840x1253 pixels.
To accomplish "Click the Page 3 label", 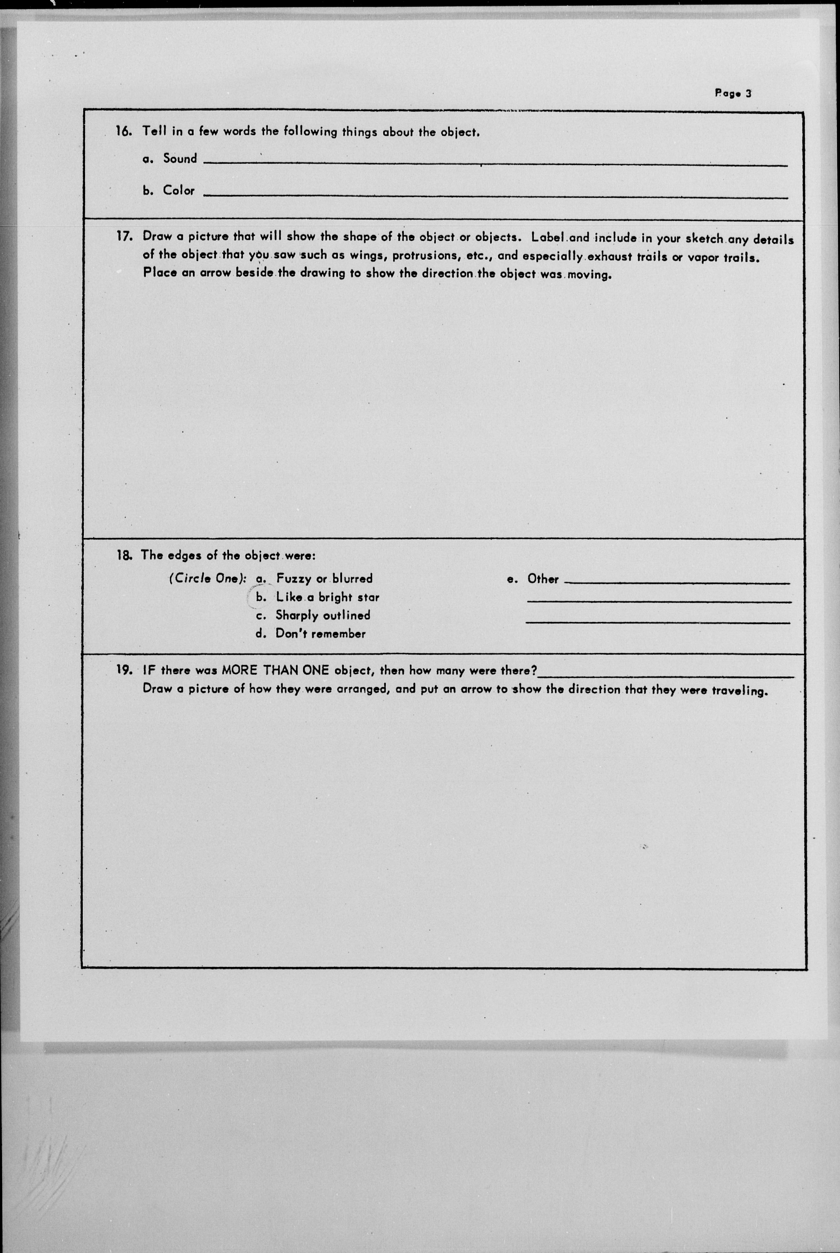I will (x=733, y=93).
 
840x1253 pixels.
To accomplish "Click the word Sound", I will (x=180, y=159).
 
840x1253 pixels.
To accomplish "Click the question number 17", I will (x=124, y=236).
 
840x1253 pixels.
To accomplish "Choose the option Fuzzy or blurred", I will (x=324, y=579).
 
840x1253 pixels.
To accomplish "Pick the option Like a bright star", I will (x=327, y=597).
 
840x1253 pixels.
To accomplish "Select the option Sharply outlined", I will (x=322, y=615).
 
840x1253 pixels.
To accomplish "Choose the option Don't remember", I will (x=320, y=633).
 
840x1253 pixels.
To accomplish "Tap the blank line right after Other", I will (x=677, y=583).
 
